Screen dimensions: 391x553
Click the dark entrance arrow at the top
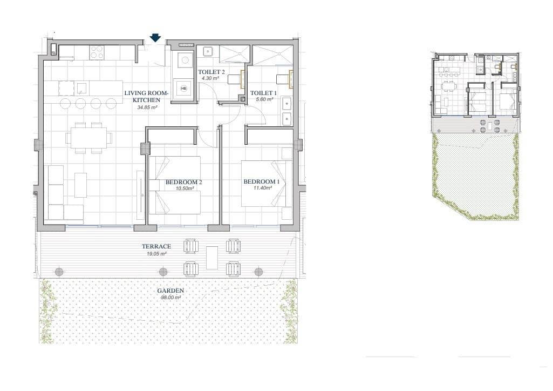155,37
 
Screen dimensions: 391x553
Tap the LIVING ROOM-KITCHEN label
147,97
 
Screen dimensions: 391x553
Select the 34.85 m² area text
147,107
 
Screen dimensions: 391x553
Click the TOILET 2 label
211,72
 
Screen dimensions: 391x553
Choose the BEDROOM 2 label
183,183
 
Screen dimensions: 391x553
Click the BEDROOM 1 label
261,182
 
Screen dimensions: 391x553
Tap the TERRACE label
156,246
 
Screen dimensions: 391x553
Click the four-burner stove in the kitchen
97,52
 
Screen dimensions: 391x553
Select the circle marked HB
184,89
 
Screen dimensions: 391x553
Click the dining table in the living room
89,138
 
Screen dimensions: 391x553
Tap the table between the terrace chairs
212,258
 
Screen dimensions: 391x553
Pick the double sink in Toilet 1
287,110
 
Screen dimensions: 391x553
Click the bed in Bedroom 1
263,183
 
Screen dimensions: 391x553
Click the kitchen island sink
81,88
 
